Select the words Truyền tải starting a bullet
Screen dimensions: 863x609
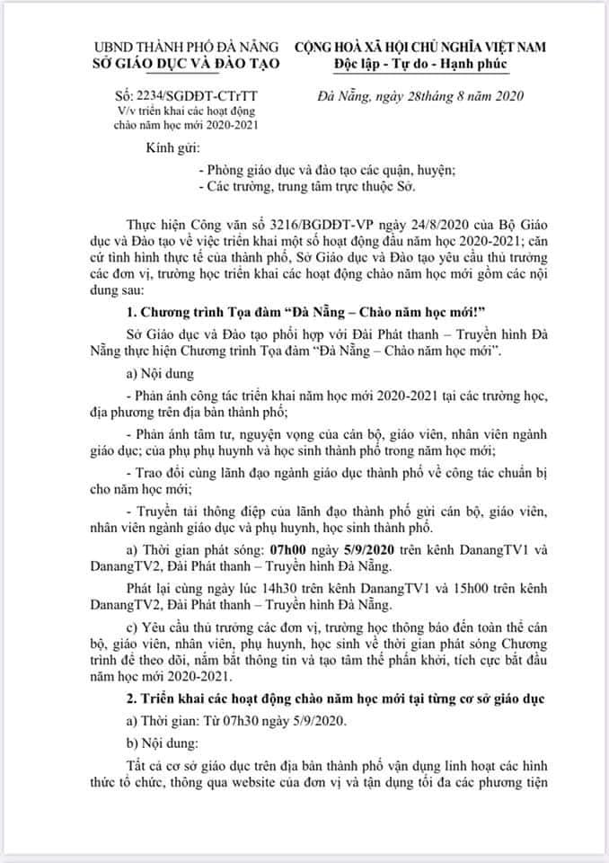pos(170,512)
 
